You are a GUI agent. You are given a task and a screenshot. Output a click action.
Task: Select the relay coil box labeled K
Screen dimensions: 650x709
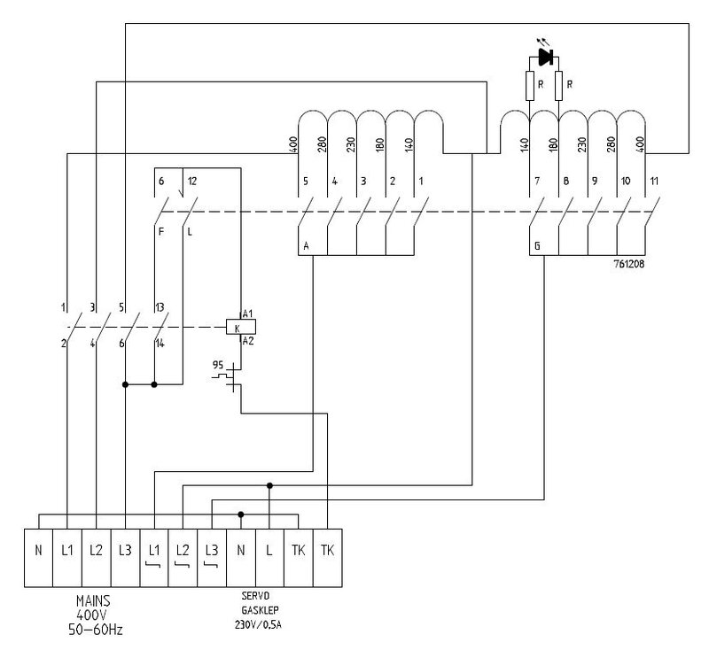(x=240, y=328)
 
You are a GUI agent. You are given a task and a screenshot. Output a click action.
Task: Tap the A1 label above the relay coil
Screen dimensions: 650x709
(x=247, y=314)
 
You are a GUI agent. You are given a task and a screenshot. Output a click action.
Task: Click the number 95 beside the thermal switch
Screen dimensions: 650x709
(x=217, y=365)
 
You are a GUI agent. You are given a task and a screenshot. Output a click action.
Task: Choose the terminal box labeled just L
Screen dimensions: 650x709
(x=269, y=549)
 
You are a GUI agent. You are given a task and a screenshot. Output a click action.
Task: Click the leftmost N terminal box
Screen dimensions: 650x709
(x=38, y=549)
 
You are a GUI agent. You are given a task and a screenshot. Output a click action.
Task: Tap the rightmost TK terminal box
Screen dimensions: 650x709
(x=328, y=549)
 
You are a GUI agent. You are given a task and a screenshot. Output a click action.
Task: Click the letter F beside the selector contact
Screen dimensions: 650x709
(x=160, y=233)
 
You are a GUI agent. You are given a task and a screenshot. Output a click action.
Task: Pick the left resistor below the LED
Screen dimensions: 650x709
(x=529, y=88)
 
